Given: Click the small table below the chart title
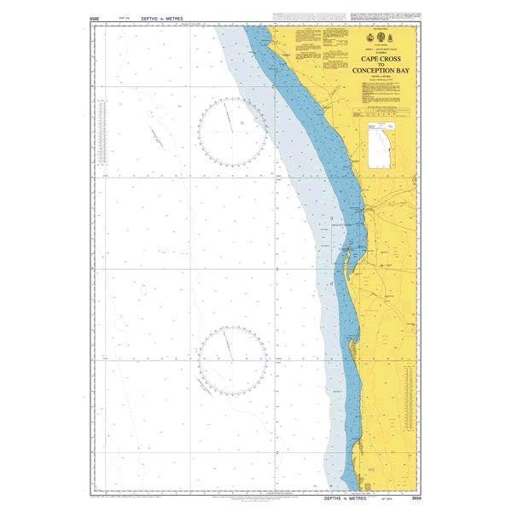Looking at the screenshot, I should click(376, 111).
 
